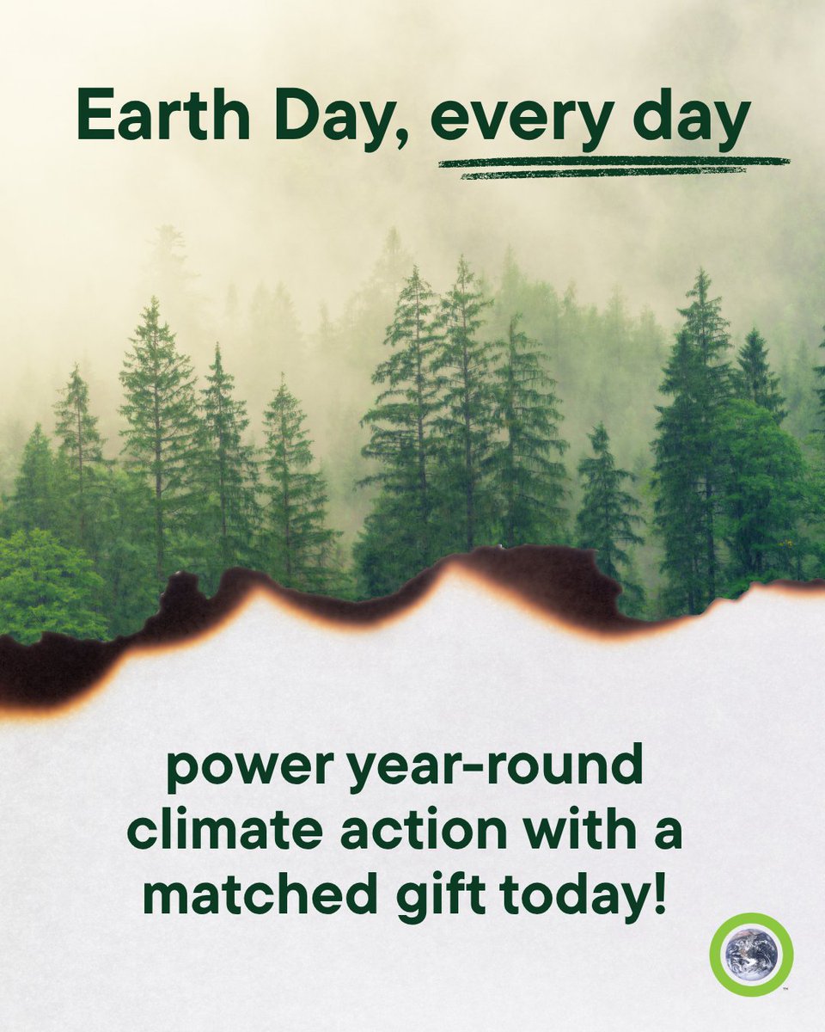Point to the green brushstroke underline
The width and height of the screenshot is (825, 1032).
pos(614,166)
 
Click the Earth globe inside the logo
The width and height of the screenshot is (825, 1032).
pos(750,954)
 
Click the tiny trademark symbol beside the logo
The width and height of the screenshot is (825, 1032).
pos(785,989)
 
